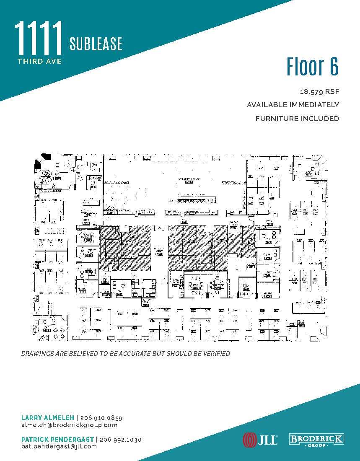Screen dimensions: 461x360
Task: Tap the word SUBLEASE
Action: pos(96,44)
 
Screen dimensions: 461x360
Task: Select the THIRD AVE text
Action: pos(40,61)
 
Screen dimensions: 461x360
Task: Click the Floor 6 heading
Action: pos(312,67)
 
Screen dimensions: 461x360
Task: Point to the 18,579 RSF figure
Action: pos(319,91)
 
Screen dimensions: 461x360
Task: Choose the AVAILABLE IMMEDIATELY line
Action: pos(293,105)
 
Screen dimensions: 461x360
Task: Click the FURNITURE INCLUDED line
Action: pos(297,119)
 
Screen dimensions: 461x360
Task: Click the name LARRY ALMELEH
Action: pos(47,418)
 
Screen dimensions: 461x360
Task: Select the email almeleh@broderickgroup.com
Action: pos(69,425)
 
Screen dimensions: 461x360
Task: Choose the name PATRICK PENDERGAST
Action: pos(57,440)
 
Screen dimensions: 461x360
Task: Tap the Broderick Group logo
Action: pos(317,440)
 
